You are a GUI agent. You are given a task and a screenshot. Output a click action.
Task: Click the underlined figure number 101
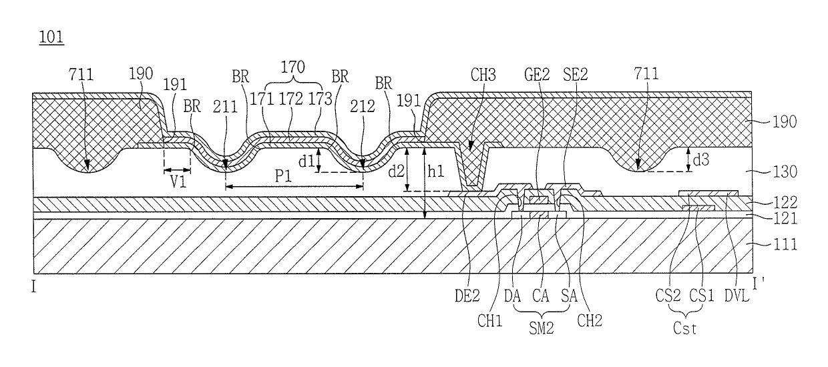pos(51,37)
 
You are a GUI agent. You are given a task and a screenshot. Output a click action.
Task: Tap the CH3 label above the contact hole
pos(483,75)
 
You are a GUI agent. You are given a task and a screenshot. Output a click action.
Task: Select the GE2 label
pos(537,75)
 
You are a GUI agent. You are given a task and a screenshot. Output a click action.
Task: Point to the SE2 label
pos(575,75)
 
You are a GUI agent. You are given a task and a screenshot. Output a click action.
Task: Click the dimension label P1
pos(284,176)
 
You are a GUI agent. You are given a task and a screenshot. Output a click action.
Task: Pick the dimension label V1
pos(178,181)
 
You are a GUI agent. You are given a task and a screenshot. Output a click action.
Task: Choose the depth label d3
pos(701,160)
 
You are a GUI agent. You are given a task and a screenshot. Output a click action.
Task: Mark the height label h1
pos(436,171)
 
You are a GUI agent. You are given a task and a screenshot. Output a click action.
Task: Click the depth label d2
pos(396,171)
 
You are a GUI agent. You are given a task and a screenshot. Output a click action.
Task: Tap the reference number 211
pos(225,107)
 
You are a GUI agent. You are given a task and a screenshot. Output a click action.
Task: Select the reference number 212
pos(362,107)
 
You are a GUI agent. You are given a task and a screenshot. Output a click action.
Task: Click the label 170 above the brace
pos(292,67)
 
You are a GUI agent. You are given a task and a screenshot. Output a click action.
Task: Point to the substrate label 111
pos(785,244)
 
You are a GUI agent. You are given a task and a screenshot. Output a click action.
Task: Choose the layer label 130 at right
pos(785,172)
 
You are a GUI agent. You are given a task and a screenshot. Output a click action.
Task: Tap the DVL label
pos(737,296)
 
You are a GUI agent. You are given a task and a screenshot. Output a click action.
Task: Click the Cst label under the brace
pos(684,328)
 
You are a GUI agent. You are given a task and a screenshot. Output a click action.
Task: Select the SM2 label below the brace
pos(541,328)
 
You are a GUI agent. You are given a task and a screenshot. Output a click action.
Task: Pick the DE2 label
pos(467,296)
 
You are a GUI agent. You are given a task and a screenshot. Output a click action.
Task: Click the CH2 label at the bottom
pos(590,320)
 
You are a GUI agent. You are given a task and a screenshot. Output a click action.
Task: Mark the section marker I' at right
pos(758,284)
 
